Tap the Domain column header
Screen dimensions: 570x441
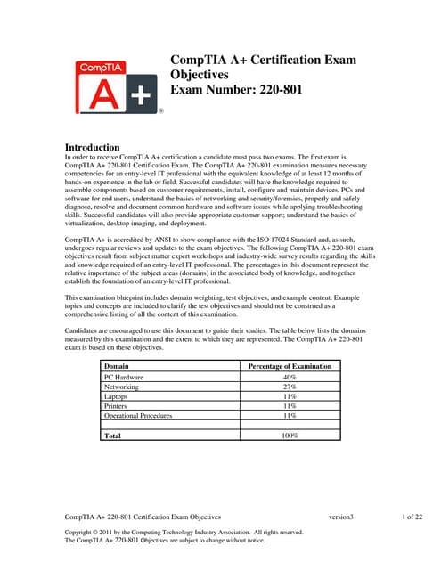coord(117,366)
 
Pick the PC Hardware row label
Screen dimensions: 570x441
coord(125,378)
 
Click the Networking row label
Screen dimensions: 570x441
coord(122,387)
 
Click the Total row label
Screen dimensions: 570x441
coord(113,436)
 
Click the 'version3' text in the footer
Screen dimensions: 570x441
coord(341,517)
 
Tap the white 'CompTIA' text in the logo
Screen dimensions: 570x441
coord(107,67)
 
